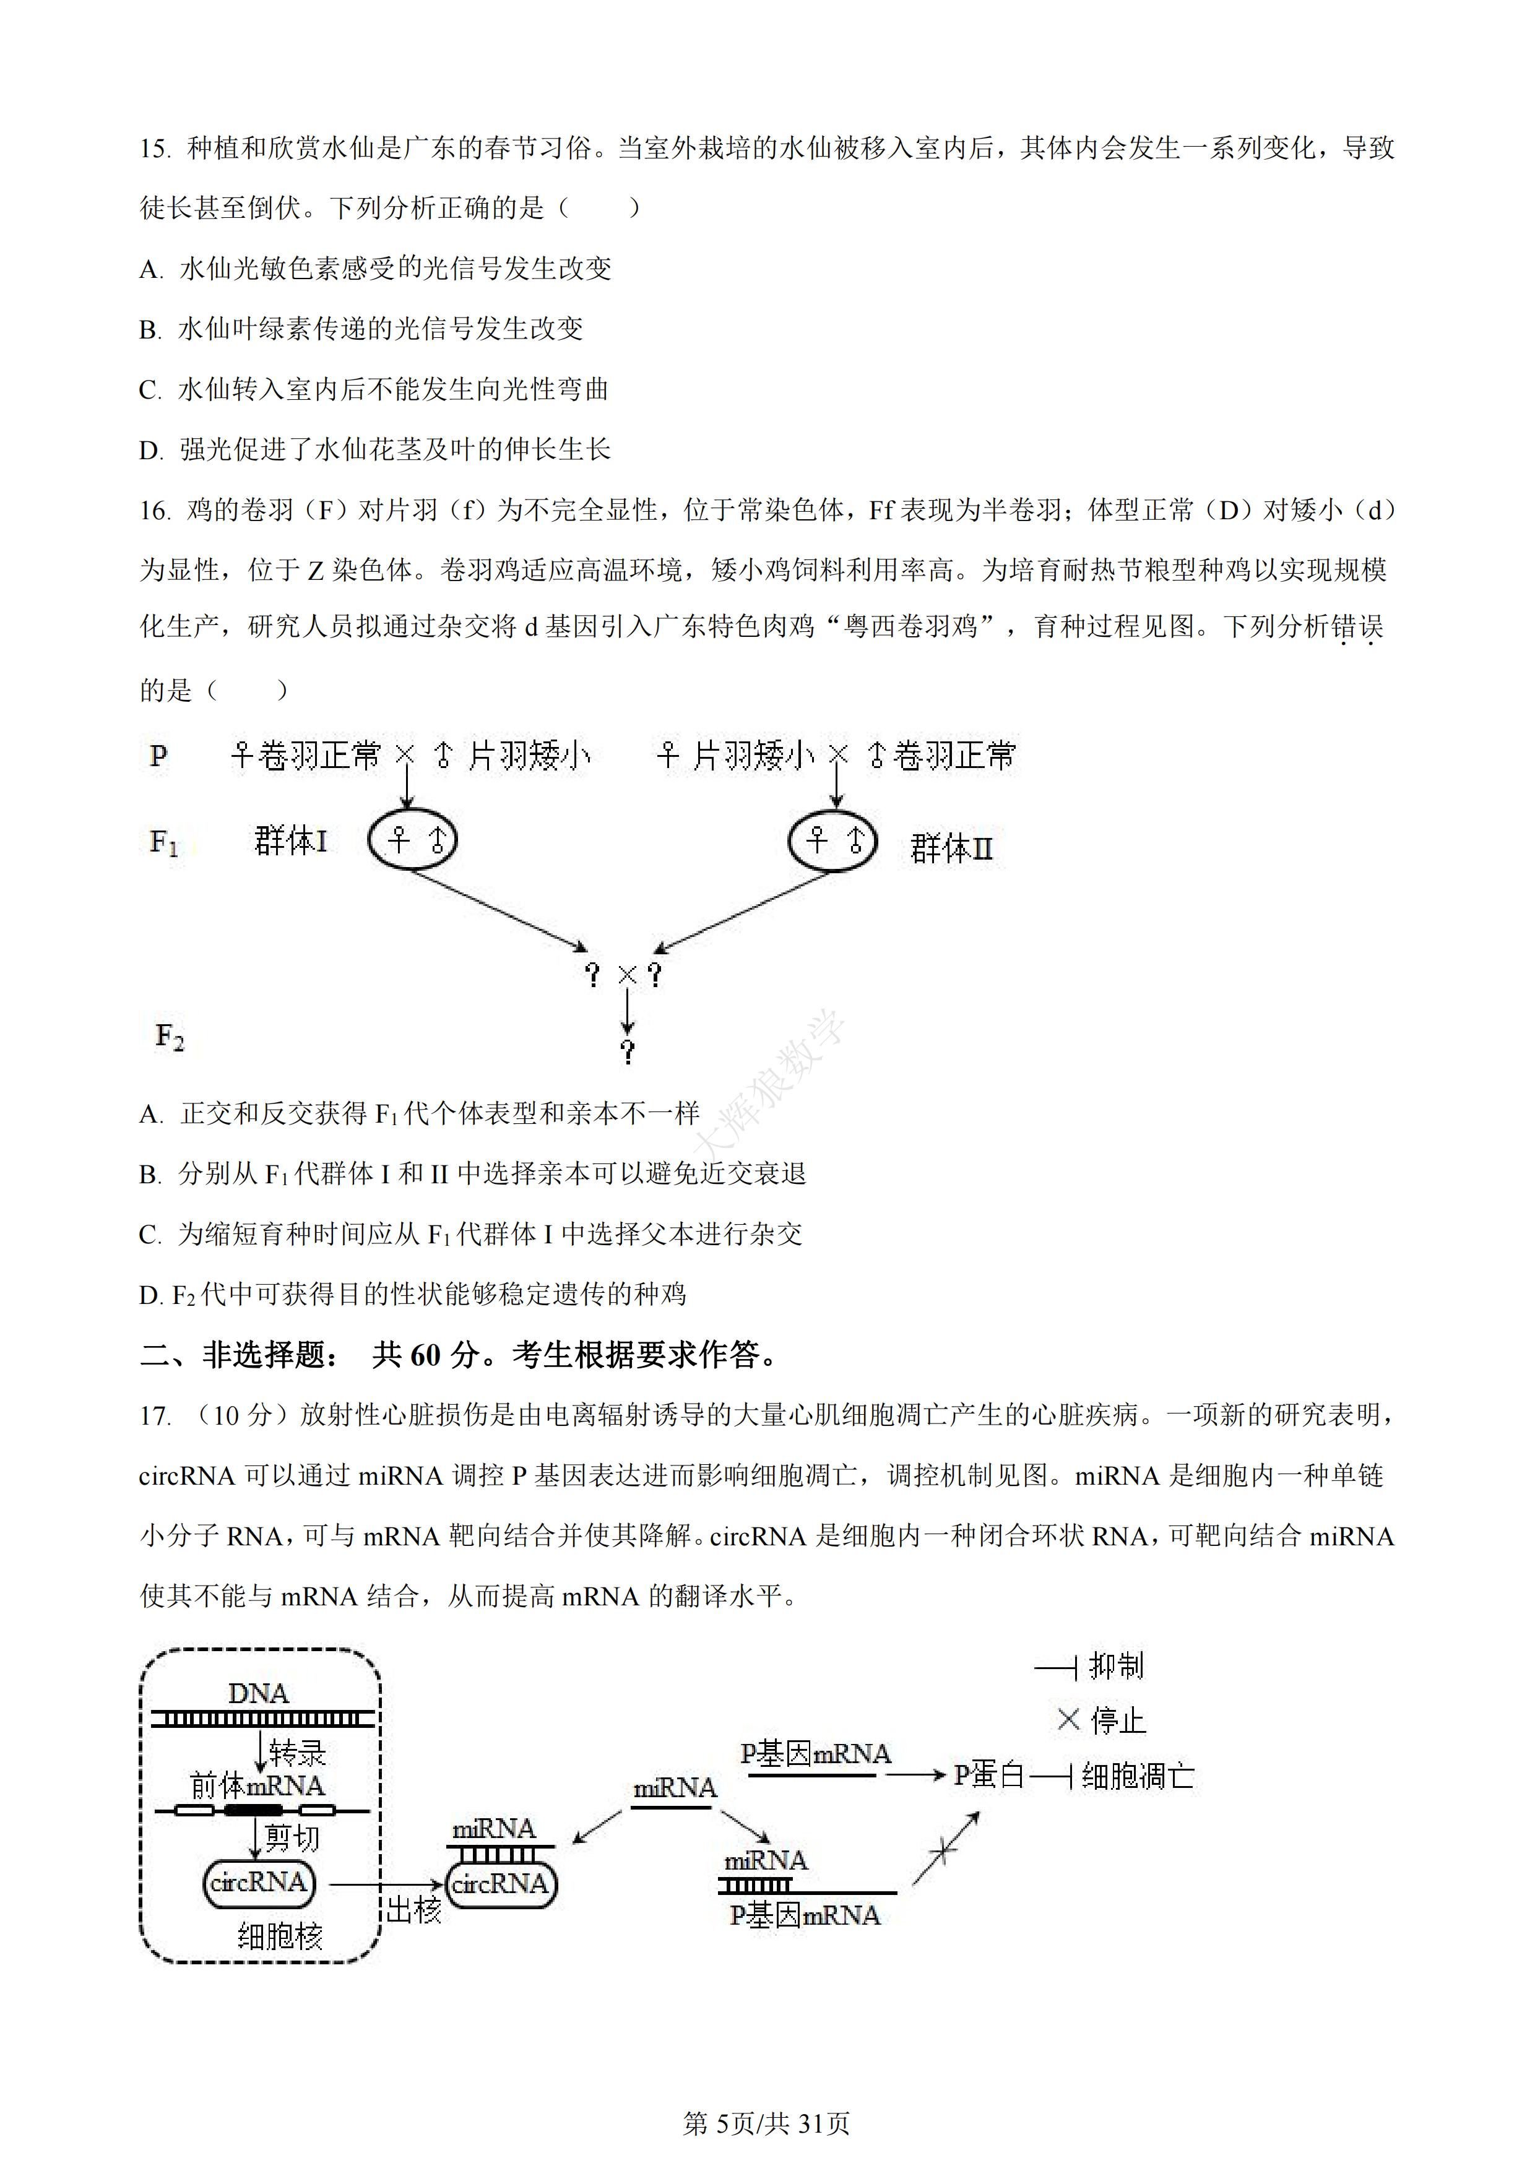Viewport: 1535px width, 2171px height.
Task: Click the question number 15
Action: (153, 149)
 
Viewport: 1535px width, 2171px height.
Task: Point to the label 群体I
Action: (290, 840)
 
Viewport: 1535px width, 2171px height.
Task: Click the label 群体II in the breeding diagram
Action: (951, 848)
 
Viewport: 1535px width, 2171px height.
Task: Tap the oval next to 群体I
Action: (412, 839)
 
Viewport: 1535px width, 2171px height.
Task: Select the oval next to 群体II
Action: (832, 839)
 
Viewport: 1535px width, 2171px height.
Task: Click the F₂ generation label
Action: (170, 1037)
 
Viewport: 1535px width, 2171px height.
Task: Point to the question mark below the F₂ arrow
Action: (627, 1050)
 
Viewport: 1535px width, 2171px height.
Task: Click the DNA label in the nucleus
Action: (258, 1693)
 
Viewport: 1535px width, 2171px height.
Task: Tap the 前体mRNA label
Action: (257, 1785)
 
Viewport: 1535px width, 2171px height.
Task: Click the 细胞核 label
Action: (280, 1936)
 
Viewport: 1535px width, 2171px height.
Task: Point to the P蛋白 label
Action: (988, 1775)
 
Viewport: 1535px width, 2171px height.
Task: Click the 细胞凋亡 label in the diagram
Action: (1137, 1777)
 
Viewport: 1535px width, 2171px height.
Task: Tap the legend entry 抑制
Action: (1116, 1665)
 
